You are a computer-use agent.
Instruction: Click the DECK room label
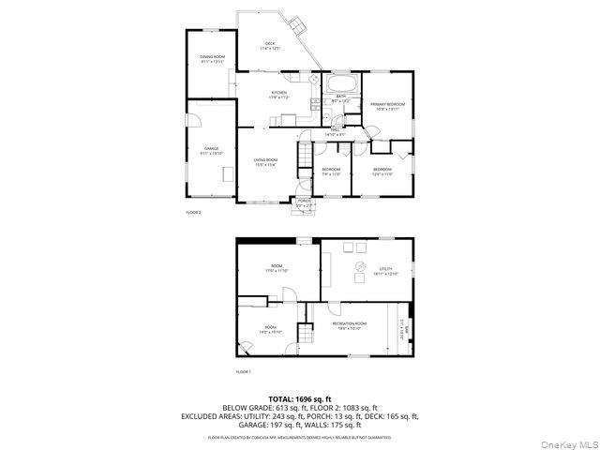tap(270, 44)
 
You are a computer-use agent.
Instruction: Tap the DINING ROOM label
tap(212, 59)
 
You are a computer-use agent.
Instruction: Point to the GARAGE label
tap(212, 150)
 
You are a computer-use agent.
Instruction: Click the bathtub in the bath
tap(337, 86)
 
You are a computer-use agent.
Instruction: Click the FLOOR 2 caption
tap(194, 213)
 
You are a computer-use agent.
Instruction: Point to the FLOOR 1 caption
tap(244, 372)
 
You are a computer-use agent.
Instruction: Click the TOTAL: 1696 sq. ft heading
tap(300, 399)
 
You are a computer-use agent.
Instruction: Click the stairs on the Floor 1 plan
tap(306, 334)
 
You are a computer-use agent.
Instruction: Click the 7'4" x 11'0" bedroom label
tap(332, 172)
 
